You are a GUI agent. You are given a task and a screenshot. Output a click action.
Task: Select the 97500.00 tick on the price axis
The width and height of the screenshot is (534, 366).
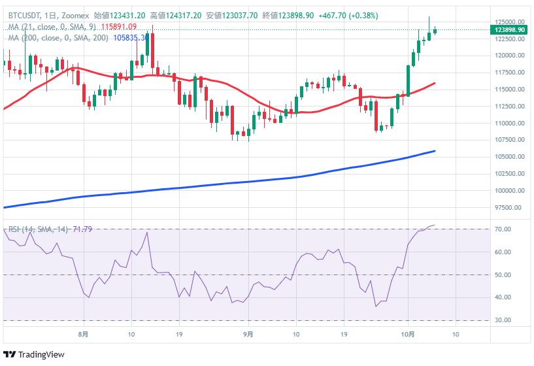point(510,208)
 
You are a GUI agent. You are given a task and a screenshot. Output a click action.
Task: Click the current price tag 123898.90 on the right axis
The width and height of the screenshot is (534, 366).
point(510,30)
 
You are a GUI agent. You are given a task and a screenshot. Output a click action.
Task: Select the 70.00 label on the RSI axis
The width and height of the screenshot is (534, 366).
point(503,229)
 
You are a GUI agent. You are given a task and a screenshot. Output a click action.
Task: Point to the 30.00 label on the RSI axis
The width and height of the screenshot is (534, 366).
point(503,320)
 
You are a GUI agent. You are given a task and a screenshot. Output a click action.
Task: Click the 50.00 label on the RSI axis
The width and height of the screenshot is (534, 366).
point(503,274)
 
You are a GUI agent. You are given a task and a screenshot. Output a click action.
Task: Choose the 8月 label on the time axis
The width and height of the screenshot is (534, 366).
point(83,334)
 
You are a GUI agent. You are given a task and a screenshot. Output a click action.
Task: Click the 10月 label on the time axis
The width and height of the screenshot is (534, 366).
point(408,334)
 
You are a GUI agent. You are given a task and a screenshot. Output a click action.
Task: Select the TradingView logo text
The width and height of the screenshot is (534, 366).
point(41,354)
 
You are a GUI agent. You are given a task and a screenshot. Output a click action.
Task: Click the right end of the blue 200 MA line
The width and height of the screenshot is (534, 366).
point(435,150)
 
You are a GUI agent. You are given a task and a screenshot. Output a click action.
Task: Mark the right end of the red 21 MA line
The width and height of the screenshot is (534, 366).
point(435,83)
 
